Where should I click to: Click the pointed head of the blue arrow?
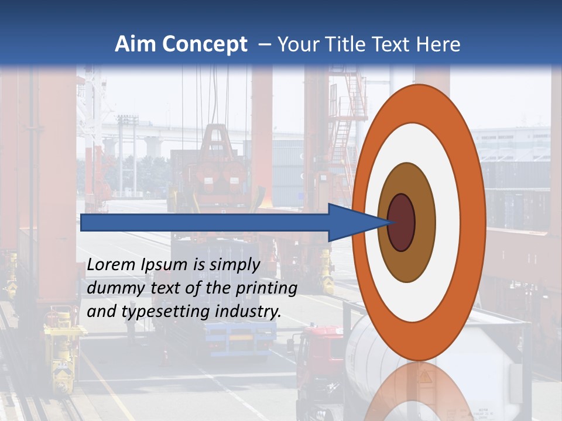point(357,223)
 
